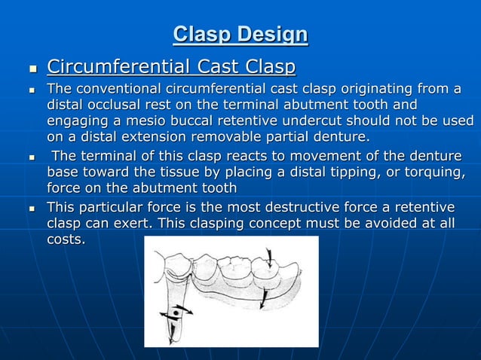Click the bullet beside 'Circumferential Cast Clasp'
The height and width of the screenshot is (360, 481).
pos(32,70)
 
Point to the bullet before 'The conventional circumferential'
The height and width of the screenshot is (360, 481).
pos(32,92)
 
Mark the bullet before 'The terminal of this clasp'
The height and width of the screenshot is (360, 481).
pos(32,158)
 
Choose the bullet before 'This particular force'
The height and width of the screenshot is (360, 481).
pos(32,208)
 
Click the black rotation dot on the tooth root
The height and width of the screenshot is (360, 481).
pos(177,310)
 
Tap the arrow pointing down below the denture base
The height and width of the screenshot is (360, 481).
pos(262,302)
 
